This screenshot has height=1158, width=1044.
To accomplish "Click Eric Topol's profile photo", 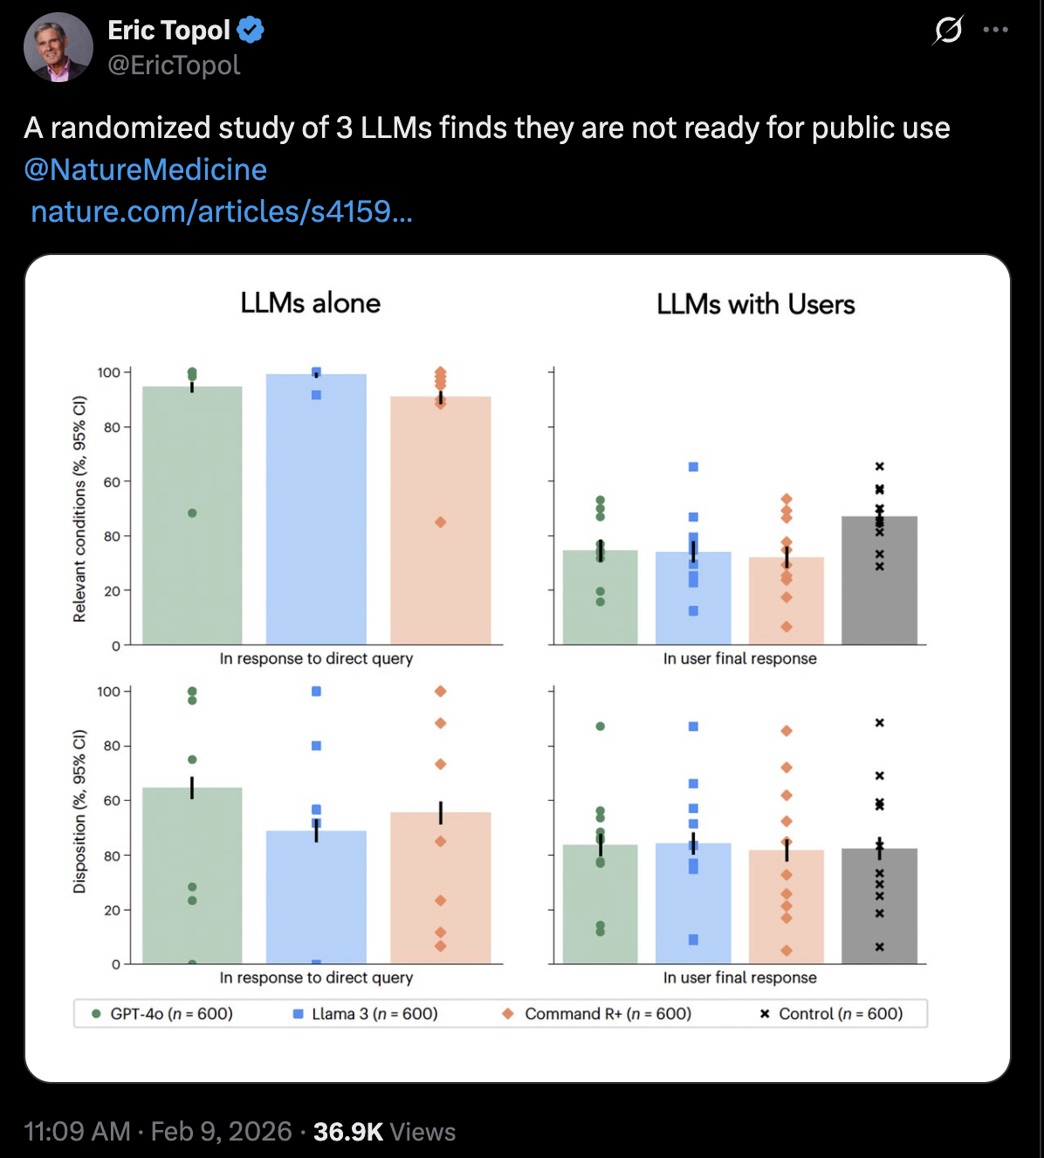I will (58, 47).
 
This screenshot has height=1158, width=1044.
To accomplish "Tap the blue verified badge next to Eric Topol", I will (251, 31).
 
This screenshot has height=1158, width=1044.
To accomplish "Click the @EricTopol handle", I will (174, 65).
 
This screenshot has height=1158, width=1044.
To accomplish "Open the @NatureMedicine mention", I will (146, 169).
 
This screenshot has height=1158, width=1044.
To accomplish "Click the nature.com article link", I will (221, 211).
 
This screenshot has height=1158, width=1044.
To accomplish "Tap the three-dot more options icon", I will (995, 31).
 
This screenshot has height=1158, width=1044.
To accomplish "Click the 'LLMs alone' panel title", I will (310, 303).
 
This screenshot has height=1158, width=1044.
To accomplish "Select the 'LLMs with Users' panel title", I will (755, 304).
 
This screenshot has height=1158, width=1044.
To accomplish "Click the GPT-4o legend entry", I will (162, 1014).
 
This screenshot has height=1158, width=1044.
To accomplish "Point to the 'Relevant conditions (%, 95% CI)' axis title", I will (79, 508).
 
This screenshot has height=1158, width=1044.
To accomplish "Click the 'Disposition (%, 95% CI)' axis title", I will (79, 811).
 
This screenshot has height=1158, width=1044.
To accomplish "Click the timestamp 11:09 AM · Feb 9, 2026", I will (158, 1132).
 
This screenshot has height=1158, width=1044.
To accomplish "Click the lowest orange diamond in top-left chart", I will (441, 522).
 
